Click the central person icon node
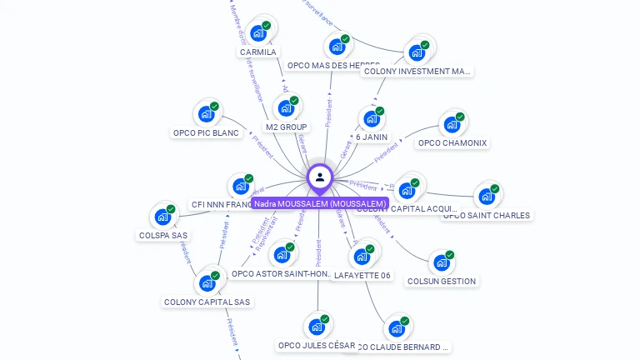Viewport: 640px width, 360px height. click(320, 177)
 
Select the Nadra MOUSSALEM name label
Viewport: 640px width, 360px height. click(320, 203)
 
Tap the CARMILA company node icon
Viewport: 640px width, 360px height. click(258, 32)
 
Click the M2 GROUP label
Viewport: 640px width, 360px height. click(287, 127)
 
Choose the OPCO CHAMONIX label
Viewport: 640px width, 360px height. click(452, 142)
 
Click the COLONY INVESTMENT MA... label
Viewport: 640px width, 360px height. click(417, 72)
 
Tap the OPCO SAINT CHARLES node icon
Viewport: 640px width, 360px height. click(486, 197)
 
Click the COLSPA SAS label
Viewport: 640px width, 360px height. click(162, 235)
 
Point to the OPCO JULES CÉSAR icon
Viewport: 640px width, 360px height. click(317, 327)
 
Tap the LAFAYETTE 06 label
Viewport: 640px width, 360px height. click(362, 275)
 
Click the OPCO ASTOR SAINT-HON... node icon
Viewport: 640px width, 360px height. click(282, 254)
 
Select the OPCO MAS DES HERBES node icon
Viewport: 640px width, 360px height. click(337, 46)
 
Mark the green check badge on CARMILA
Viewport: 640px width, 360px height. click(267, 25)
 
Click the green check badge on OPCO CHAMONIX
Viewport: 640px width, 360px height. click(460, 117)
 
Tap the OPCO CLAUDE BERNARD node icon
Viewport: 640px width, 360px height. click(397, 328)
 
